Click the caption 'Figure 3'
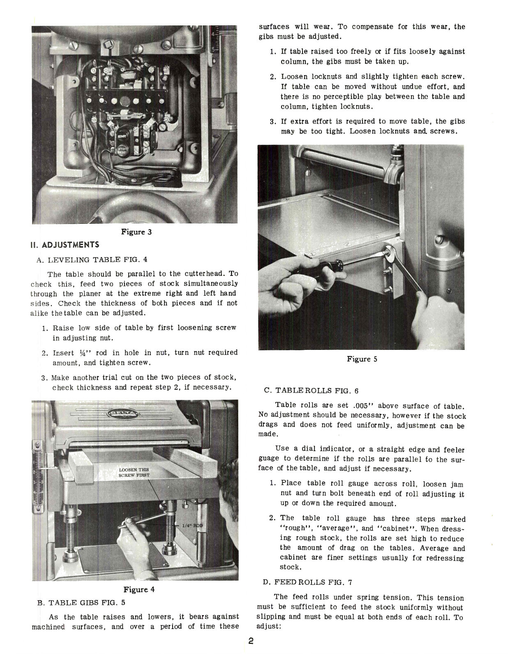pos(136,232)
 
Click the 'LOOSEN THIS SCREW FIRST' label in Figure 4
pos(134,472)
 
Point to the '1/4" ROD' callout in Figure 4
pos(192,526)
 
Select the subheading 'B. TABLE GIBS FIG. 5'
pos(81,603)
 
